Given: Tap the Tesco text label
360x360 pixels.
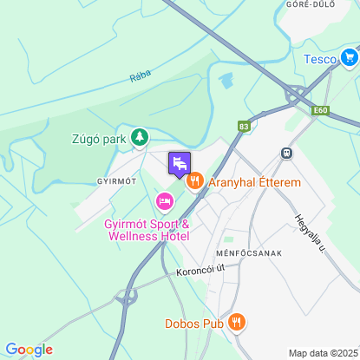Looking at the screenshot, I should pos(319,59).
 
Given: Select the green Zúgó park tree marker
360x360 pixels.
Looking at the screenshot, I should pos(139,137).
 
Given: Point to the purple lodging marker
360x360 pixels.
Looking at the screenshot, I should pos(179,162).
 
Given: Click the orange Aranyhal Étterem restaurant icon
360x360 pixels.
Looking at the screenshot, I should pos(193,182).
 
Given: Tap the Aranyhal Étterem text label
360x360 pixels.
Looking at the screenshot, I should pos(254,183).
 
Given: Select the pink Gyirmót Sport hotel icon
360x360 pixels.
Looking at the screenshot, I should pos(164,202).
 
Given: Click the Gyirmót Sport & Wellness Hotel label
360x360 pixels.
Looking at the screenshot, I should pos(147,230).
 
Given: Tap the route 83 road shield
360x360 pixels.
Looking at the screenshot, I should pos(243,126).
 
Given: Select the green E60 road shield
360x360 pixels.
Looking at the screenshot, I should pos(322,111).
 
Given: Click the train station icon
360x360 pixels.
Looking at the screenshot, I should pos(285,152).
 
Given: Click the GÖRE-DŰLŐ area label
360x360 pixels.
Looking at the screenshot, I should pos(304,4).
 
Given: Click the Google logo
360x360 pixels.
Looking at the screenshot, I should pos(29,350).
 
